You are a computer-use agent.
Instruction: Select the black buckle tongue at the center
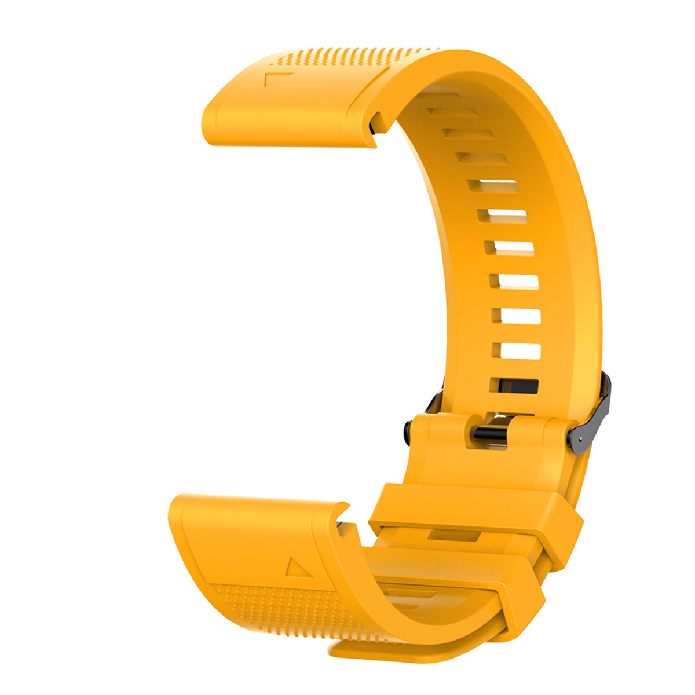click(x=490, y=433)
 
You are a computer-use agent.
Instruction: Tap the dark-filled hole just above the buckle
click(x=514, y=386)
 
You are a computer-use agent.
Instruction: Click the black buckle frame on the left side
click(x=434, y=400)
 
